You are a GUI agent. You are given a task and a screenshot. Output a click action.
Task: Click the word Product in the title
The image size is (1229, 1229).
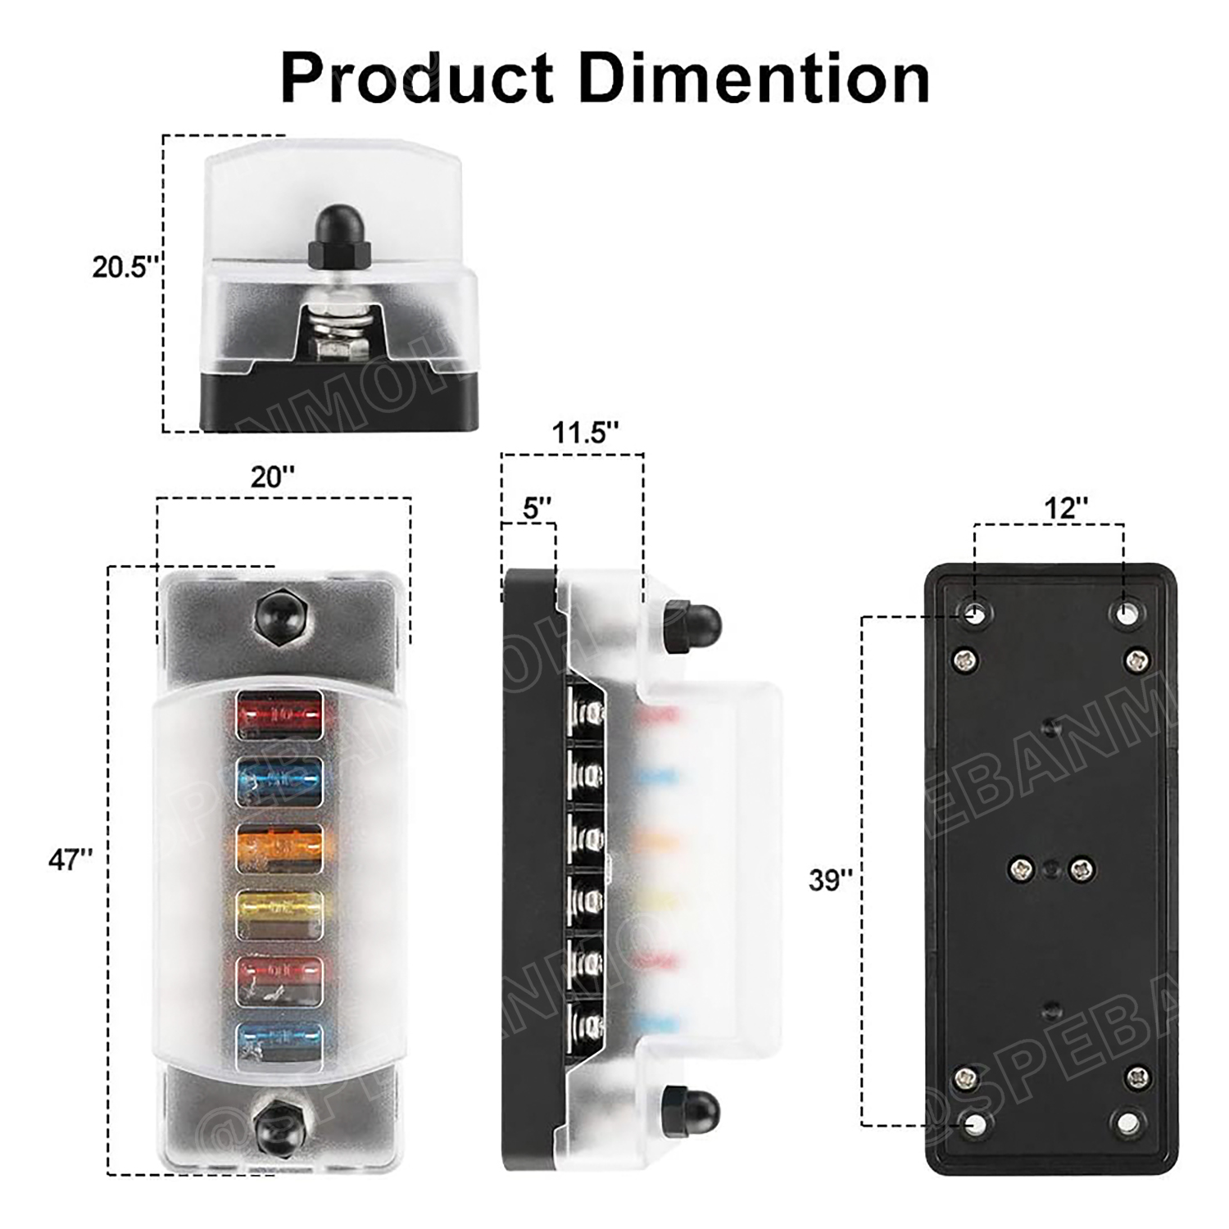pyautogui.click(x=417, y=77)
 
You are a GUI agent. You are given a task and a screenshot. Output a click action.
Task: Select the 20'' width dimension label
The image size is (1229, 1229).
pyautogui.click(x=272, y=476)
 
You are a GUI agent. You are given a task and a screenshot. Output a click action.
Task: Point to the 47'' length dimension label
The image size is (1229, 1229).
pyautogui.click(x=70, y=859)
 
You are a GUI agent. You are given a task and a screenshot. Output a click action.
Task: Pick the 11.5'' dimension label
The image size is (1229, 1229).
pyautogui.click(x=585, y=432)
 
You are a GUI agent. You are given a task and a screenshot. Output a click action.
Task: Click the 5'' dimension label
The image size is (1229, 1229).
pyautogui.click(x=537, y=508)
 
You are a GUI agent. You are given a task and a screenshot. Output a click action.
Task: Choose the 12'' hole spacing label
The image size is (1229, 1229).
pyautogui.click(x=1065, y=508)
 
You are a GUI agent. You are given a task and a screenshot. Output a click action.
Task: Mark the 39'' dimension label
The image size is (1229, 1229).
pyautogui.click(x=831, y=879)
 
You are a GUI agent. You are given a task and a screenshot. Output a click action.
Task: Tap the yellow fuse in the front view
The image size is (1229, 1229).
pyautogui.click(x=279, y=913)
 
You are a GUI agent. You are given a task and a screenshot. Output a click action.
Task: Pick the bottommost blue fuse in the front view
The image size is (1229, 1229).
pyautogui.click(x=279, y=1045)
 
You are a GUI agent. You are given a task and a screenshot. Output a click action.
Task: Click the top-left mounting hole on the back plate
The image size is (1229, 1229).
pyautogui.click(x=976, y=614)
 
